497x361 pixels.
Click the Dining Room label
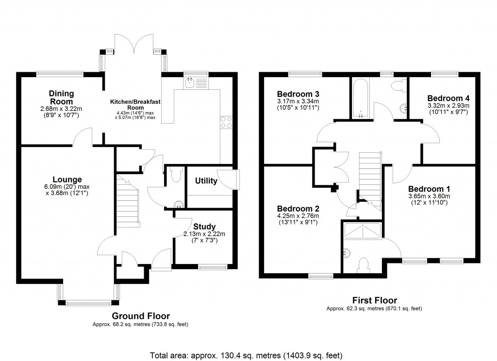click(61, 97)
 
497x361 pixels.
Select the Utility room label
click(206, 181)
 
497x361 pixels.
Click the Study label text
click(204, 227)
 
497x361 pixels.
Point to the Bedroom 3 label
click(298, 94)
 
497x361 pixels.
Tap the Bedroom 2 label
click(298, 209)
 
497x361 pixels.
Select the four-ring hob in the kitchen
click(227, 122)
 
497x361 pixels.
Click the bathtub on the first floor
click(361, 98)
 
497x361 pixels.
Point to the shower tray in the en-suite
click(362, 231)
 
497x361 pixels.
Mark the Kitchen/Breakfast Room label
click(135, 104)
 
